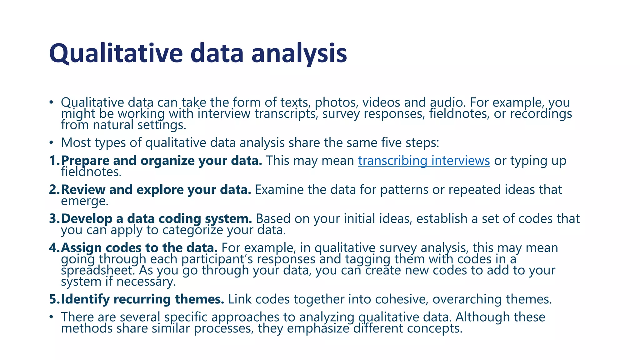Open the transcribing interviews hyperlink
coord(424,161)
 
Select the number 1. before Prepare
coord(54,161)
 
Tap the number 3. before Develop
coord(54,219)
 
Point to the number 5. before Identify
coord(54,299)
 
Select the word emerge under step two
coord(84,201)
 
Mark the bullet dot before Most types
coord(51,143)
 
